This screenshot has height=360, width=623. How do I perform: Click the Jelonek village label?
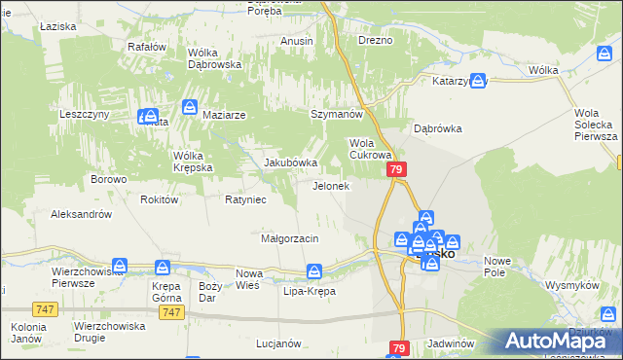point(330,186)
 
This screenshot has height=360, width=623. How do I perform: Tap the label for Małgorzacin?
point(290,238)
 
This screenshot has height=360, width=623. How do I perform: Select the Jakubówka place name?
point(291,162)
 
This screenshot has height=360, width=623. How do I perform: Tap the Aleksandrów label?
point(82,213)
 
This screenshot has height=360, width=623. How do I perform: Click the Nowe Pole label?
point(497,267)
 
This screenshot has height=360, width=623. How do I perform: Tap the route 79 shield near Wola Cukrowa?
point(396,169)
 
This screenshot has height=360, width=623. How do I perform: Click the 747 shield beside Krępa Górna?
point(172,312)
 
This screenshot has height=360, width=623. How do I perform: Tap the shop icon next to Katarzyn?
point(478,82)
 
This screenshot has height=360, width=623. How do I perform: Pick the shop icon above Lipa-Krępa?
point(313,271)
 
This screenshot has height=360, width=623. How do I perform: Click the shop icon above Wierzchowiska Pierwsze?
point(120,265)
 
